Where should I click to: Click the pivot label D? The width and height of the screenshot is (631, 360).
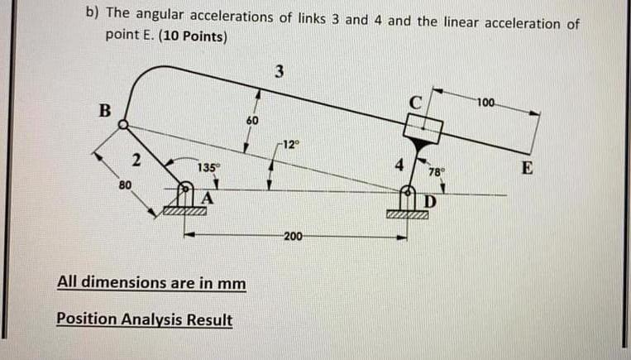429,203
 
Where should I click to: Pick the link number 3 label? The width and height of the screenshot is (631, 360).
280,72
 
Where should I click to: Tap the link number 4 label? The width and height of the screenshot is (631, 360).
400,165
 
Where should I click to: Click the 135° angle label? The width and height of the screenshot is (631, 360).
208,168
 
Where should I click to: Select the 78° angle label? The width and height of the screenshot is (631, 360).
437,173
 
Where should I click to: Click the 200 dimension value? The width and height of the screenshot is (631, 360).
293,238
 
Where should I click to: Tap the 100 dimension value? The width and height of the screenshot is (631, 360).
485,103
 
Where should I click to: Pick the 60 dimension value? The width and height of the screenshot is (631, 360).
252,121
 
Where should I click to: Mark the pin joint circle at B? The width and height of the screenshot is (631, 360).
123,125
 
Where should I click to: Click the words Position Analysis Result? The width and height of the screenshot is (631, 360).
145,319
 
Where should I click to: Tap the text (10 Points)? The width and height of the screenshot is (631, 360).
184,37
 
